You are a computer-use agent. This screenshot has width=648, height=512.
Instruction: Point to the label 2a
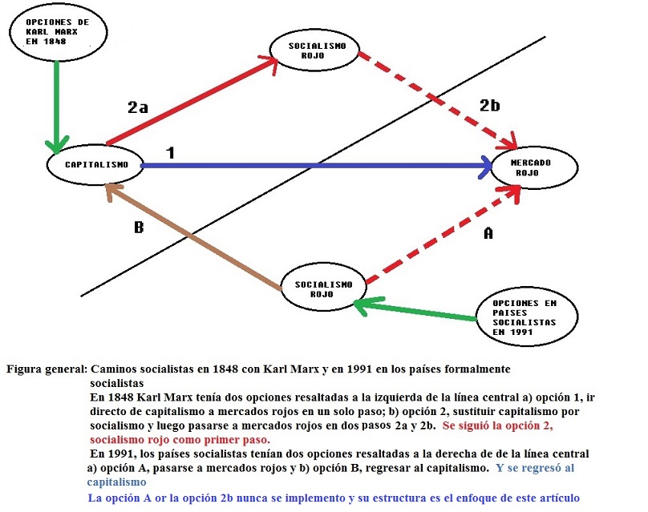pyautogui.click(x=138, y=107)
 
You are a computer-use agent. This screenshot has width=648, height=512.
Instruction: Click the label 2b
pyautogui.click(x=490, y=105)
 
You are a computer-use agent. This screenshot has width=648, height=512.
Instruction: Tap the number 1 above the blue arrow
pyautogui.click(x=170, y=153)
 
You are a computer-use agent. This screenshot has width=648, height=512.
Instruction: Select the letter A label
pyautogui.click(x=488, y=234)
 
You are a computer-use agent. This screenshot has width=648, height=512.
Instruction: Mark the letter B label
pyautogui.click(x=139, y=227)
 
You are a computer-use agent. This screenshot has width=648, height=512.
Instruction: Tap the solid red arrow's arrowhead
pyautogui.click(x=269, y=64)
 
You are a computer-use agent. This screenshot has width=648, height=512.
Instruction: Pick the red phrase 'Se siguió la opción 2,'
pyautogui.click(x=497, y=425)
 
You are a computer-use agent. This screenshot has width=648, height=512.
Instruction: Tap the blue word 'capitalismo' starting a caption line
pyautogui.click(x=116, y=482)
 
